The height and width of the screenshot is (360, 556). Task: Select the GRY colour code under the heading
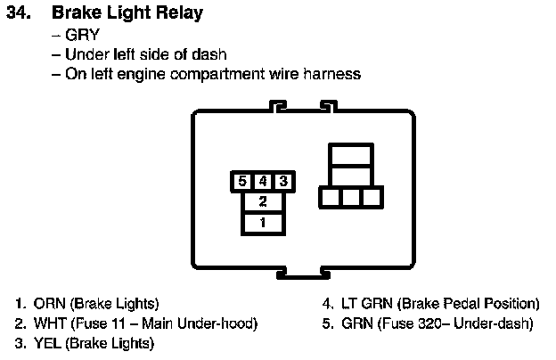pos(84,36)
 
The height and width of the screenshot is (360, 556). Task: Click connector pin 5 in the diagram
pos(243,181)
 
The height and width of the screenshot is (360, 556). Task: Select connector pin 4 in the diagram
pos(263,181)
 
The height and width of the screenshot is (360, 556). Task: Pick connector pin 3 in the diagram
pos(282,181)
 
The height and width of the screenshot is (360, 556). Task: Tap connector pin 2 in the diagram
pos(263,201)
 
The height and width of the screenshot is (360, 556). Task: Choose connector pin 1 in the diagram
pos(263,222)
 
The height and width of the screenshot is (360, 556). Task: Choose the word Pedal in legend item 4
pos(455,303)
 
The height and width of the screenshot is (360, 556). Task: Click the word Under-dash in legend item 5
pos(495,323)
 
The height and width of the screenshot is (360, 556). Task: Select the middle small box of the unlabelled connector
pos(351,197)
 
